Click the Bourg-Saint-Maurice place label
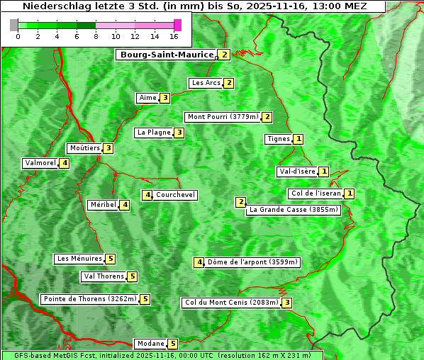167,55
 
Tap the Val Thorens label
104,276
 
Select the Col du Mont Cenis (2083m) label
230,303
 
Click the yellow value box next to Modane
172,344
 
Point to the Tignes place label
278,139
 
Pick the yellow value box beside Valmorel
65,163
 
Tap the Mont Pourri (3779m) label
222,117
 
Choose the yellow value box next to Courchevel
147,195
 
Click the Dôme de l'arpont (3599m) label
252,262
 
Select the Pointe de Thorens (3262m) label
89,299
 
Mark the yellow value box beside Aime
164,98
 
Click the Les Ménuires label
79,259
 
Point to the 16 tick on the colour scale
174,36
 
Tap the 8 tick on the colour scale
96,36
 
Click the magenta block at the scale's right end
177,25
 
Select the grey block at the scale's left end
14,25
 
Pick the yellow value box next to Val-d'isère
324,171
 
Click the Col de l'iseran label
316,193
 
